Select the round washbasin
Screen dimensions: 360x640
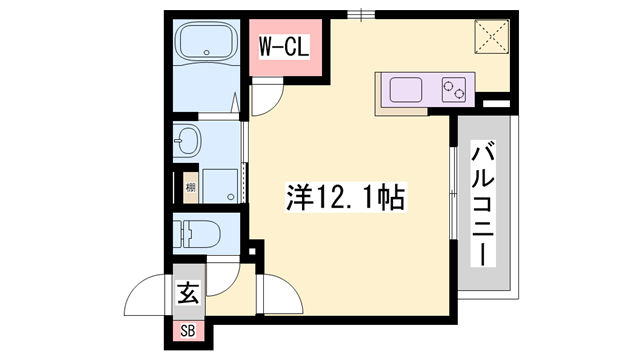[186, 143]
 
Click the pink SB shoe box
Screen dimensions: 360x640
[187, 330]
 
